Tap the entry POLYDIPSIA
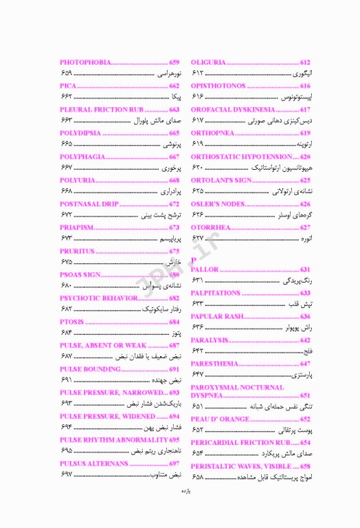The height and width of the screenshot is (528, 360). pos(80,133)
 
